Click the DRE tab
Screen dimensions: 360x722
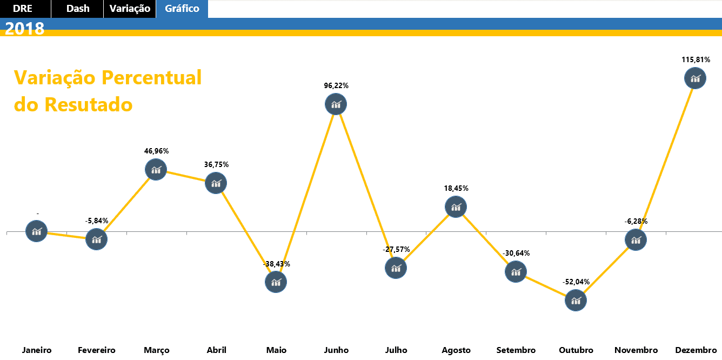coord(23,9)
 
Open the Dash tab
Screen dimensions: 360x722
coord(78,9)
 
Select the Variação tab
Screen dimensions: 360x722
coord(130,9)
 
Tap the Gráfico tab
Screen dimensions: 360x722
coord(182,9)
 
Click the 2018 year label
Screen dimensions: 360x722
coord(25,29)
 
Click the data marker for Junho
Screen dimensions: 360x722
coord(336,104)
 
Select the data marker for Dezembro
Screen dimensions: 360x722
coord(695,78)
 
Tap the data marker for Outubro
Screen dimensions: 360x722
coord(576,300)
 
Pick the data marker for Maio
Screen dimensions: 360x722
coord(276,282)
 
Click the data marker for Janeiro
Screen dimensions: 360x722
coord(37,231)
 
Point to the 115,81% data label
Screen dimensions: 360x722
coord(696,59)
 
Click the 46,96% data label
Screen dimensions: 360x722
coord(156,151)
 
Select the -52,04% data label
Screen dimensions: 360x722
coord(576,282)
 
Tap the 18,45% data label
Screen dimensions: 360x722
coord(456,189)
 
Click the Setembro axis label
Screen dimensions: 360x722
coord(516,350)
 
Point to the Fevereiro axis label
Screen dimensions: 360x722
coord(97,350)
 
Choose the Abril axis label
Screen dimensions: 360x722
coord(216,350)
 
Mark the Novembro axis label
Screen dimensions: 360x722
coord(636,350)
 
